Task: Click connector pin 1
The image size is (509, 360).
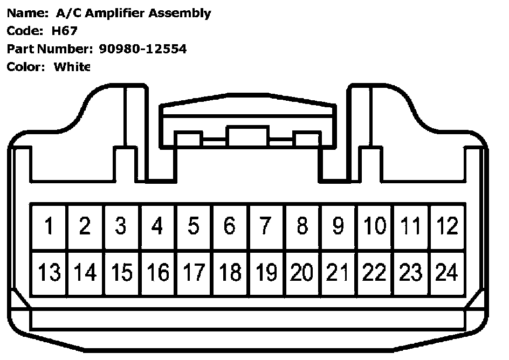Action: (49, 226)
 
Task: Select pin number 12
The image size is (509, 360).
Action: (447, 226)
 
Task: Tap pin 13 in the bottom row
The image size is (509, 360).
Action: (49, 273)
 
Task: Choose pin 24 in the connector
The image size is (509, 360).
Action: (447, 273)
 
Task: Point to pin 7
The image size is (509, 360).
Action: (266, 226)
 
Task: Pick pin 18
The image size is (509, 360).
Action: (230, 273)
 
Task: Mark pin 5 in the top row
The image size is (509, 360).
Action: (194, 226)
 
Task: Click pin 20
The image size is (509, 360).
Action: (302, 273)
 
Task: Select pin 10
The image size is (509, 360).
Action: (375, 226)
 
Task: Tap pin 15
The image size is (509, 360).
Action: (121, 273)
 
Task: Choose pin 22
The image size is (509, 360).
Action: (375, 273)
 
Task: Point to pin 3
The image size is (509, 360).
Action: (121, 226)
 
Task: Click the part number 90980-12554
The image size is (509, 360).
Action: (143, 49)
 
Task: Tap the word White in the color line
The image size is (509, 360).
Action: (72, 67)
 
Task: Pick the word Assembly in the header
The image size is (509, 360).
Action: (183, 13)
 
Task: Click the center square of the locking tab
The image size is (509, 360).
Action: (247, 137)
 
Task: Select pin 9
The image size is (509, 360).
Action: (338, 226)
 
